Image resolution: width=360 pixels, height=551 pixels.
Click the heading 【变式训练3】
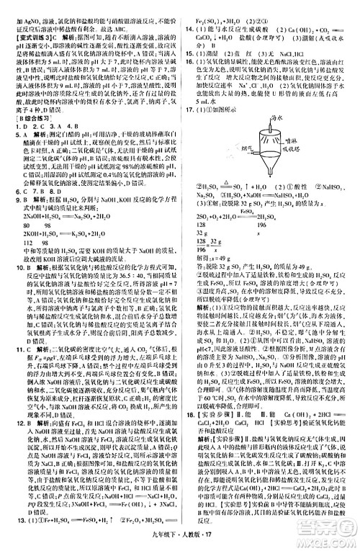click(x=23, y=34)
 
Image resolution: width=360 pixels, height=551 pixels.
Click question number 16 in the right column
click(x=189, y=62)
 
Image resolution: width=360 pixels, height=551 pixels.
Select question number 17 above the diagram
click(x=189, y=109)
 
